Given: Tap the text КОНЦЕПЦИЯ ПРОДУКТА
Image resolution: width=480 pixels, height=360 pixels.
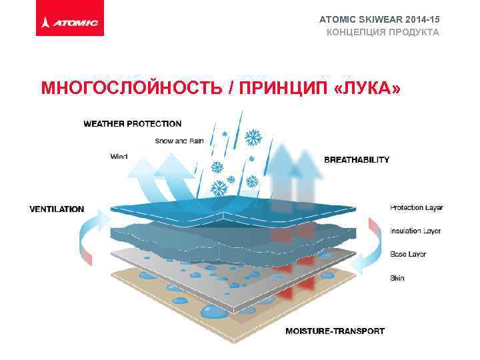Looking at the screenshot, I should tap(383, 32).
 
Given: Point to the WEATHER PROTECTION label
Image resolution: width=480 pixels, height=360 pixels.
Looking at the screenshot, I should tap(132, 123).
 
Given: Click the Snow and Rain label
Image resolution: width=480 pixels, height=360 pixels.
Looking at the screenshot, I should tap(179, 141).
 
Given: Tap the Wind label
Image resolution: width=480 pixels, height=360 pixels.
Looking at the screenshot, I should tap(119, 157).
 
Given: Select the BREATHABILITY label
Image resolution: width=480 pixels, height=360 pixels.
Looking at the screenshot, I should tap(357, 160).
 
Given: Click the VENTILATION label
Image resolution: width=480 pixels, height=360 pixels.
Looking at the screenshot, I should tap(57, 209).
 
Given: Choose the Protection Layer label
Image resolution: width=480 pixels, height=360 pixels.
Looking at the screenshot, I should tap(416, 207).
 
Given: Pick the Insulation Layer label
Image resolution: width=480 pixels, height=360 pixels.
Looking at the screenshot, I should tap(415, 231).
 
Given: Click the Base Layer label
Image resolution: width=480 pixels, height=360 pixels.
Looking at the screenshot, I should tap(408, 254).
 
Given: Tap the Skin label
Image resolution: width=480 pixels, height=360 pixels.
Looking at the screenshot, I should tap(397, 277).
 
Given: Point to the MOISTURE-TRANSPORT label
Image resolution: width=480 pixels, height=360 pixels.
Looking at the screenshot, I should tap(335, 331).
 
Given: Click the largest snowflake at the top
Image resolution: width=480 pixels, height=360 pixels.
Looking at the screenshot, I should tap(252, 139).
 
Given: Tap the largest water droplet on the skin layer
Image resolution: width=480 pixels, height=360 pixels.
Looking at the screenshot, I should tap(215, 311).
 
